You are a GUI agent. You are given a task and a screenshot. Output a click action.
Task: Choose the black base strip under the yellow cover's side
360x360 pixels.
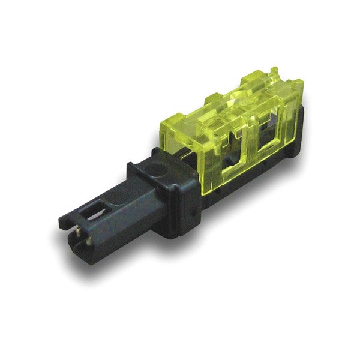[x=252, y=180]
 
